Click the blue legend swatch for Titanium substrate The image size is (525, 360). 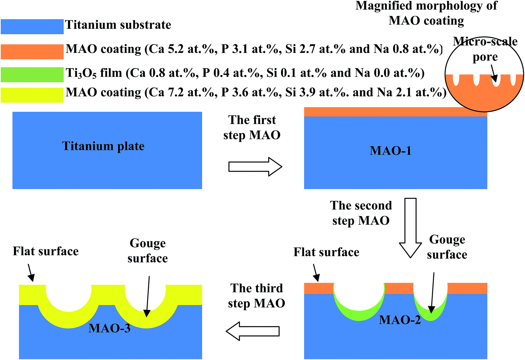(x=32, y=26)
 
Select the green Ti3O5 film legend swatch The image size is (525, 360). (x=32, y=75)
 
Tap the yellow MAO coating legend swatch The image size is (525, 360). (x=32, y=95)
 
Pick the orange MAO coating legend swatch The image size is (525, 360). (x=32, y=51)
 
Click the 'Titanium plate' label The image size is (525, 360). (x=103, y=146)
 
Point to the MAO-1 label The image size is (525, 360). (x=390, y=151)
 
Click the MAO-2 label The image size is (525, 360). (x=400, y=320)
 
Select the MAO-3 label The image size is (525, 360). (x=109, y=328)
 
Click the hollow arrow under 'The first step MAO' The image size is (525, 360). (x=255, y=167)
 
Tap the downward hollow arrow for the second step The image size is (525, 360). (x=410, y=228)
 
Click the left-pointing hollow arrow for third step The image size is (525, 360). (x=253, y=331)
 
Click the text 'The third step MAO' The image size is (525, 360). (x=257, y=296)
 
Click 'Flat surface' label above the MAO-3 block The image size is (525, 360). (x=45, y=251)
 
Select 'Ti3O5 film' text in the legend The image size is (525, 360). (x=94, y=73)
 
